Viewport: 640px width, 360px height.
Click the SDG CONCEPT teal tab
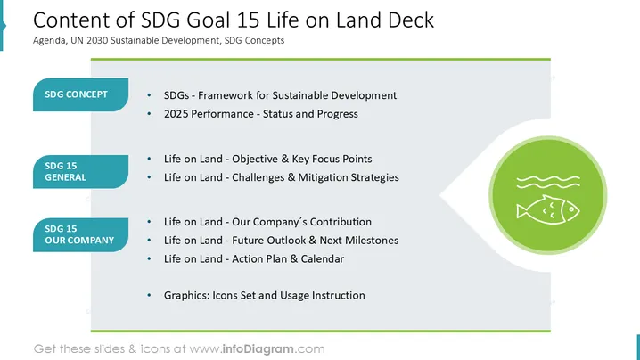tap(81, 94)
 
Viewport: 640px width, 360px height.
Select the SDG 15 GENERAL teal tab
tap(81, 171)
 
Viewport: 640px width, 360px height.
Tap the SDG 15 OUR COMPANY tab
tap(81, 234)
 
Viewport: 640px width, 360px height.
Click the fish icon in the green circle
tap(548, 209)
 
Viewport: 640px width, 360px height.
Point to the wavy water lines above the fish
tap(548, 182)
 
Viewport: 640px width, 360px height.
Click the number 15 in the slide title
tap(247, 20)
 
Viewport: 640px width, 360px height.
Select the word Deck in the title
tap(411, 20)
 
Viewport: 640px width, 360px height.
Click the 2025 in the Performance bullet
tap(176, 114)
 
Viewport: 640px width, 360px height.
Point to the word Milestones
tap(372, 241)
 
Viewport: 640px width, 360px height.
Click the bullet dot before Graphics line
tap(149, 295)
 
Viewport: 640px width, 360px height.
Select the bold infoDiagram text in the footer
tap(258, 349)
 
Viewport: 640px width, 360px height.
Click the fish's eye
tap(571, 209)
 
